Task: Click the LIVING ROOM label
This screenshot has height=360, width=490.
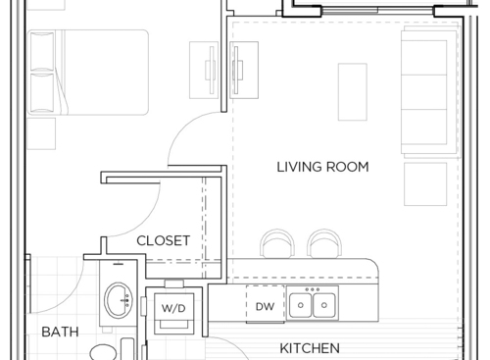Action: pyautogui.click(x=322, y=167)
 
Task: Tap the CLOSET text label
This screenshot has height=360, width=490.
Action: pyautogui.click(x=163, y=240)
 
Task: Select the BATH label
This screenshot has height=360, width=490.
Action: pyautogui.click(x=60, y=333)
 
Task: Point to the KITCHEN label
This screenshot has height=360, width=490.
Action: pyautogui.click(x=310, y=348)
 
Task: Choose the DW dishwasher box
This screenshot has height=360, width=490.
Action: pyautogui.click(x=265, y=307)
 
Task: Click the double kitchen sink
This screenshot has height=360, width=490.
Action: pyautogui.click(x=313, y=306)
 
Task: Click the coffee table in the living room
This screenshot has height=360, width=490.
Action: pyautogui.click(x=352, y=89)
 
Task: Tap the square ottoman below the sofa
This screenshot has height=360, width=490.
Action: pyautogui.click(x=425, y=183)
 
